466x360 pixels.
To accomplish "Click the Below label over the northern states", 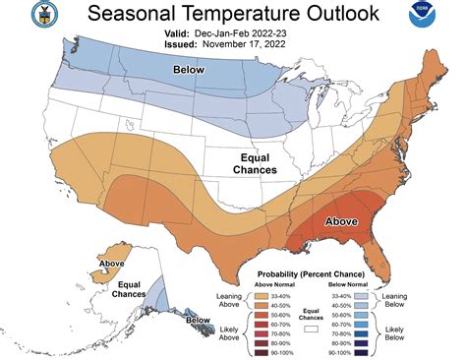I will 189,71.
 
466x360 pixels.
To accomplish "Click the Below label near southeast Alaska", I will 197,320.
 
